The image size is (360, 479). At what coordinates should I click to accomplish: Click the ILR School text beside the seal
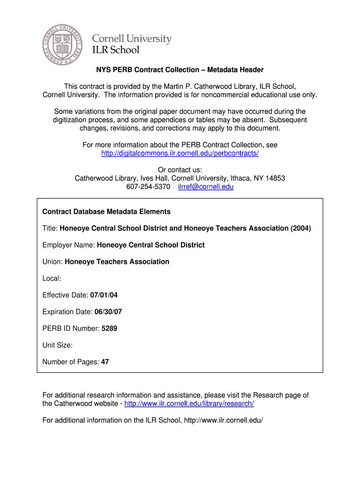[x=115, y=50]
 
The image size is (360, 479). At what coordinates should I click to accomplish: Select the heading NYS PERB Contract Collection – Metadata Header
[x=180, y=70]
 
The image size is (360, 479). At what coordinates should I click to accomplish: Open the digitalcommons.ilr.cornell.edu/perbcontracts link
[x=180, y=153]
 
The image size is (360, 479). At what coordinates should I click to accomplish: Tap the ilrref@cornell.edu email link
[x=206, y=187]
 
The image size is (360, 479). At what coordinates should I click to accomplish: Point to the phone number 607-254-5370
[x=148, y=187]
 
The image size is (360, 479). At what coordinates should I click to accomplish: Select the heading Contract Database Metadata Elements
[x=107, y=211]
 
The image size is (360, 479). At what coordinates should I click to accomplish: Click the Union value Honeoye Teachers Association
[x=117, y=262]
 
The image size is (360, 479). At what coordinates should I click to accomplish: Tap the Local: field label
[x=52, y=278]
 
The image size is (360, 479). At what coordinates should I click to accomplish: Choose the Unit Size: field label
[x=58, y=345]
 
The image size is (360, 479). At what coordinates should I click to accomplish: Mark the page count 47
[x=105, y=362]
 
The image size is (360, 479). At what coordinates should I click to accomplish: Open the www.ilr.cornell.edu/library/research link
[x=189, y=404]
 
